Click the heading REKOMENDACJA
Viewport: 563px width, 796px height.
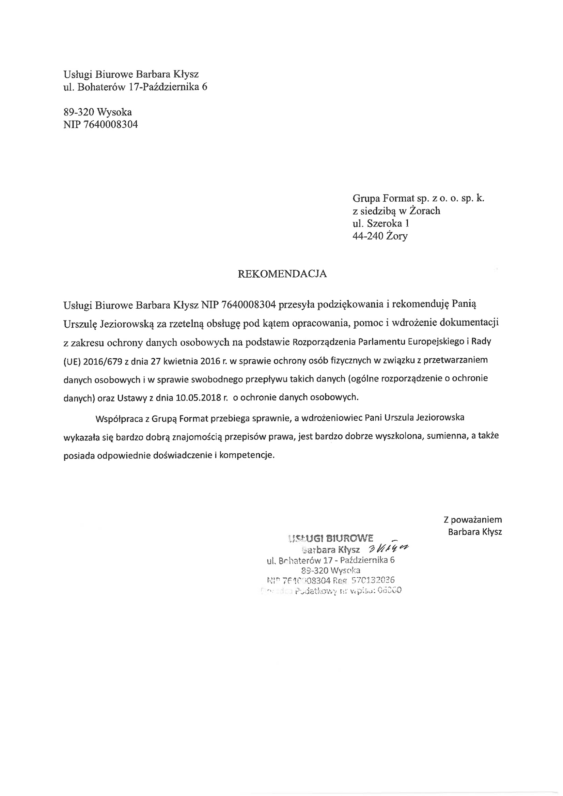282,274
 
